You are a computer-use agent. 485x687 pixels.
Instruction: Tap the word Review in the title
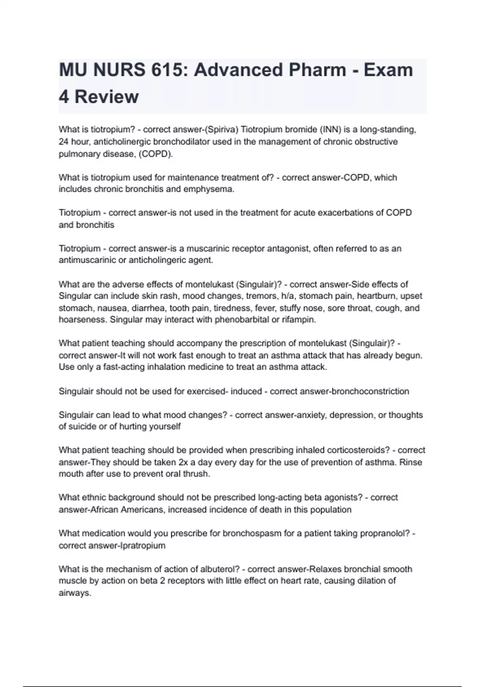[x=107, y=97]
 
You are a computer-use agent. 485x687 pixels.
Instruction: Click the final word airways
[x=75, y=593]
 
